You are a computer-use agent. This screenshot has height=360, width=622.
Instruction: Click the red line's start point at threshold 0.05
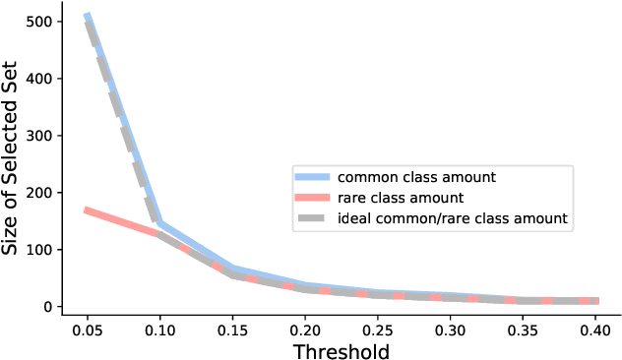tap(87, 210)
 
